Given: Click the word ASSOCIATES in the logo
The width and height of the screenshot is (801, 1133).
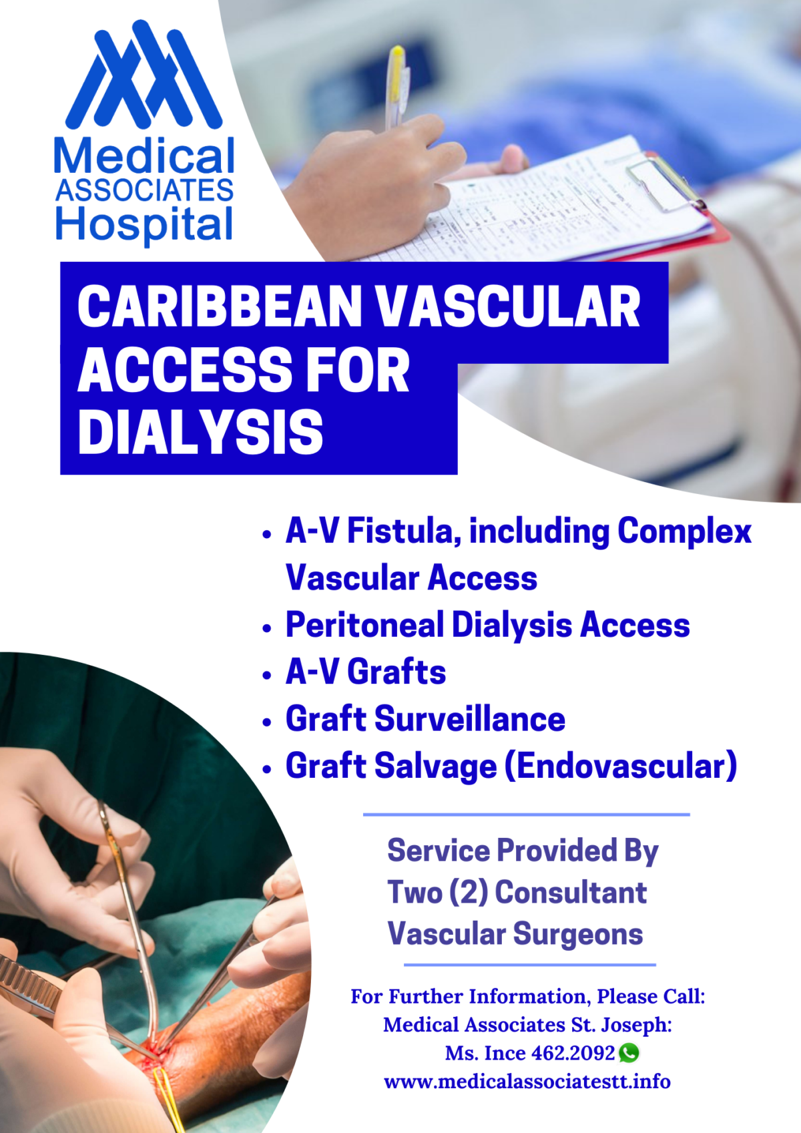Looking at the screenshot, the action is tap(145, 191).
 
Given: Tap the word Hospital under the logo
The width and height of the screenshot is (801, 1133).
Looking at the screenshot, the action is tap(144, 225).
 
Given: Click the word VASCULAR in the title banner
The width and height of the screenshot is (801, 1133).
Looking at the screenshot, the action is tap(509, 307).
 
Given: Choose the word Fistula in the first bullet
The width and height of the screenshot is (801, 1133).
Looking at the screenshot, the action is tap(404, 531).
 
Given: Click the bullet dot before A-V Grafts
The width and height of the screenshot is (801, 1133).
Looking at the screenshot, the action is tap(268, 675).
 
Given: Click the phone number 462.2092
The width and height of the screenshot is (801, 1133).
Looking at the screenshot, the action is tap(573, 1054).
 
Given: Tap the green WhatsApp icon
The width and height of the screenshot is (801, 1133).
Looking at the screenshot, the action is tap(629, 1053).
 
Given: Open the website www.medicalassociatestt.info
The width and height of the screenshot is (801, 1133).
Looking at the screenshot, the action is tap(527, 1082).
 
